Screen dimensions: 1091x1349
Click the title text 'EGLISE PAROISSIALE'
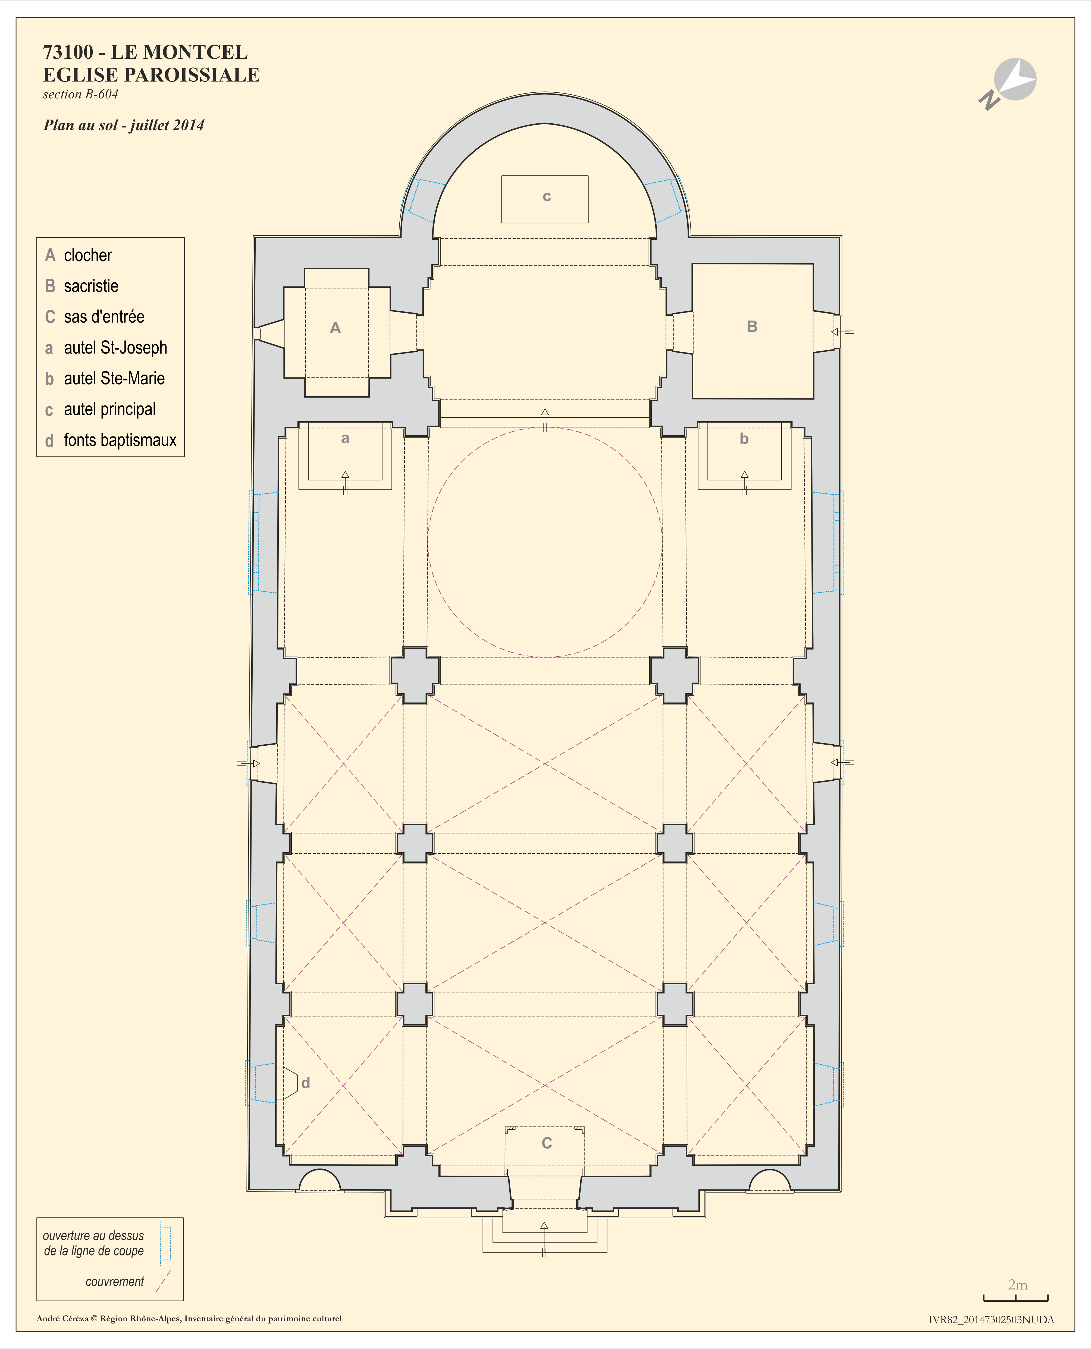pos(151,75)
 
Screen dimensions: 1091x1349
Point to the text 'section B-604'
pos(80,94)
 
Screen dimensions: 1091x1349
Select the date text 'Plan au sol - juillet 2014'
pos(124,125)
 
